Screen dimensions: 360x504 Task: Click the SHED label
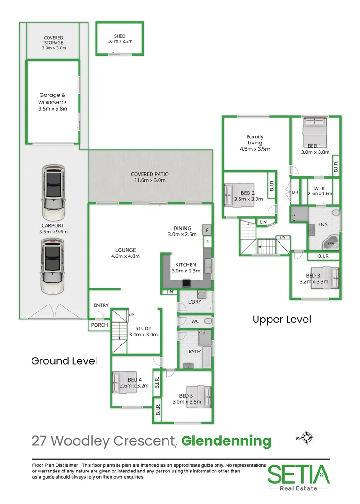click(120, 36)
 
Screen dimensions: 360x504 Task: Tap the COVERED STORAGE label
click(53, 40)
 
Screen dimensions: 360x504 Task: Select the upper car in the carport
click(54, 192)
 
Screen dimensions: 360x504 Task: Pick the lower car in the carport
click(52, 266)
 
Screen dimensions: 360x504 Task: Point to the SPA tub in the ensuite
click(330, 243)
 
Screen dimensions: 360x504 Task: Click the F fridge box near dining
click(207, 230)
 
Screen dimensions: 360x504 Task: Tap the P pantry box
click(208, 242)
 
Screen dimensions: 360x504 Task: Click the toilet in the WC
click(208, 321)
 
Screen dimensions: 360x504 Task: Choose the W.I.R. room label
click(320, 189)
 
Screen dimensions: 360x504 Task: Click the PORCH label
click(99, 325)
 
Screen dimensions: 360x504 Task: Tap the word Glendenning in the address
click(226, 441)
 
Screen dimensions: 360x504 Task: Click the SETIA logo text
click(299, 474)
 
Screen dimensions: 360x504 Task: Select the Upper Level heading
click(281, 320)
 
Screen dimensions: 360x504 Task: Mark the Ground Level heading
click(64, 360)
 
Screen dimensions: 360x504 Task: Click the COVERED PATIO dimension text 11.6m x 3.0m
click(150, 180)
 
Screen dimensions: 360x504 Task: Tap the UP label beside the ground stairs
click(131, 315)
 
